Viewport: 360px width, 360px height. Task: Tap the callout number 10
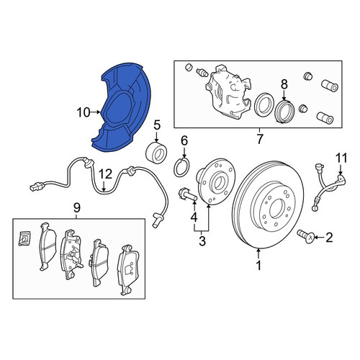point(84,112)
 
